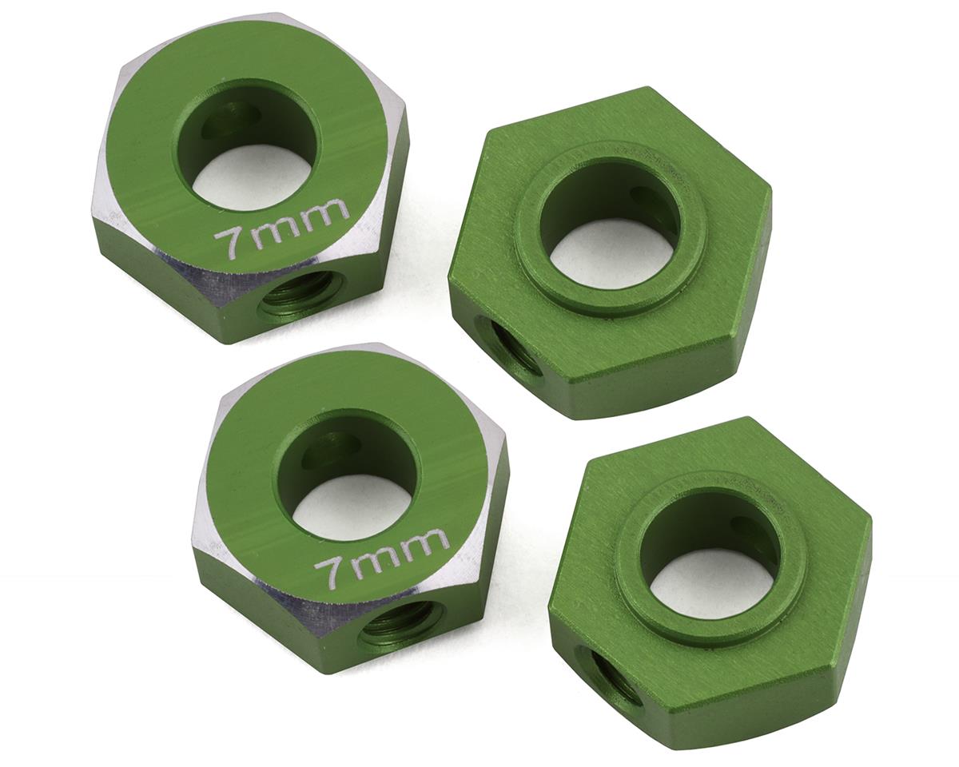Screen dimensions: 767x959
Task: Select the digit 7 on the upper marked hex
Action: click(227, 244)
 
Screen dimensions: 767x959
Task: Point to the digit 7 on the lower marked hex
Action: click(327, 574)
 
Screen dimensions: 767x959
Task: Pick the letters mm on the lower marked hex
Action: click(404, 550)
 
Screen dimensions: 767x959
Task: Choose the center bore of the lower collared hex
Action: click(710, 557)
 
